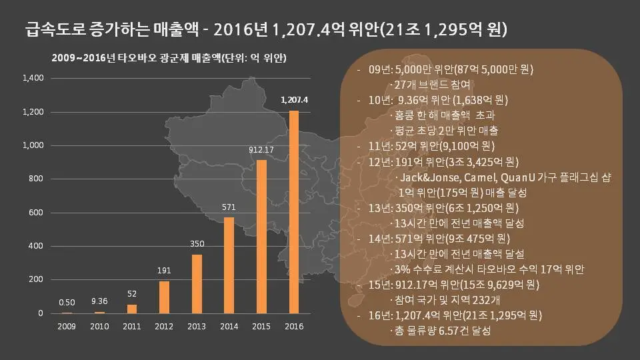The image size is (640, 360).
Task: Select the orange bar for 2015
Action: coord(261,237)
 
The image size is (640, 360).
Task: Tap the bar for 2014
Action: coord(229,265)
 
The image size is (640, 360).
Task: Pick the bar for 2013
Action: coord(197,284)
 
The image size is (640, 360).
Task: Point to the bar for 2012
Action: coord(164,297)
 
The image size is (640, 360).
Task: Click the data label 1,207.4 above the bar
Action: coord(294,100)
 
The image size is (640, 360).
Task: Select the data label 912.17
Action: coord(261,150)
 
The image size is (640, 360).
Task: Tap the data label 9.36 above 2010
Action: coord(99,301)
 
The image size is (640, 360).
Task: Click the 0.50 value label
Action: coord(67,303)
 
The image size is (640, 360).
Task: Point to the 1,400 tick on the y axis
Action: coord(33,78)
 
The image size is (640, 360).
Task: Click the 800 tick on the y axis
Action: coord(36,179)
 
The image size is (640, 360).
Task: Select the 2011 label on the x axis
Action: coord(131,326)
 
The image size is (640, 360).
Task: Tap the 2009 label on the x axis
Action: coord(67,326)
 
